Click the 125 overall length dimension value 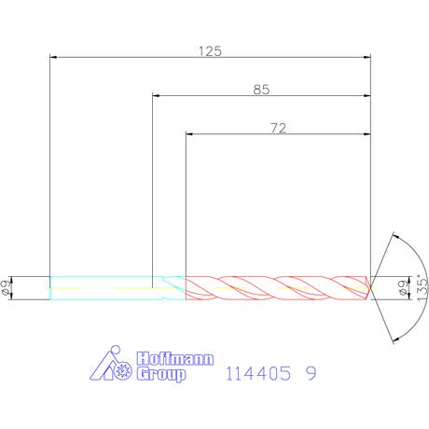pyautogui.click(x=210, y=51)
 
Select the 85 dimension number pyautogui.click(x=261, y=90)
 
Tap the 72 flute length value pyautogui.click(x=278, y=128)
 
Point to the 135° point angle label pyautogui.click(x=422, y=287)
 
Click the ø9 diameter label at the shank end pyautogui.click(x=6, y=287)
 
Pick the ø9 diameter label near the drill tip pyautogui.click(x=403, y=287)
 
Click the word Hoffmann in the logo pyautogui.click(x=175, y=358)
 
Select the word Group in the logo pyautogui.click(x=161, y=374)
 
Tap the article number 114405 pyautogui.click(x=258, y=373)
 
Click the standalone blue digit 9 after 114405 pyautogui.click(x=311, y=373)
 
